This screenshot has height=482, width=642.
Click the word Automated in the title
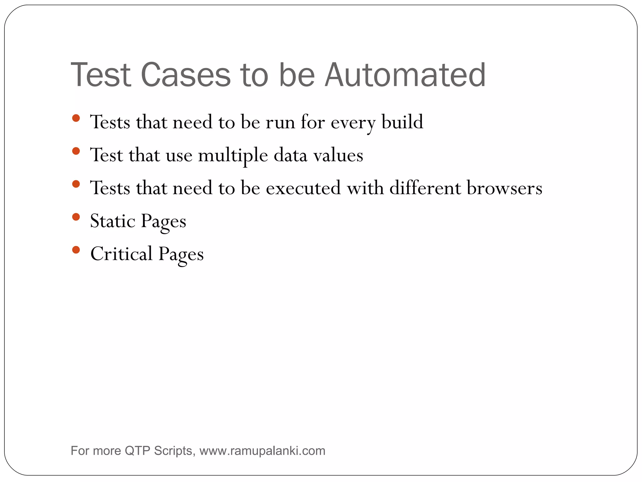click(405, 75)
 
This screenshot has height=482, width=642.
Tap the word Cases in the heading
click(186, 75)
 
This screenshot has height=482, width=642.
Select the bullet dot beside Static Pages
click(76, 217)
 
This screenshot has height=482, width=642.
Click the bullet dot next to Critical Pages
click(76, 250)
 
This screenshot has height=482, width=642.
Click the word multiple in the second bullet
click(233, 156)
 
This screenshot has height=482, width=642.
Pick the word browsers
click(504, 188)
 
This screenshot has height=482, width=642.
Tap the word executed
click(303, 188)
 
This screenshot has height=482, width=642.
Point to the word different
click(425, 188)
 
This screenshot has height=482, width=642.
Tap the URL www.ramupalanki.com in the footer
click(262, 451)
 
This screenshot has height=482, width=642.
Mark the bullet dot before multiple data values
click(76, 151)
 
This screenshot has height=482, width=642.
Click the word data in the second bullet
click(290, 155)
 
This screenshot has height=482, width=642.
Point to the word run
click(280, 122)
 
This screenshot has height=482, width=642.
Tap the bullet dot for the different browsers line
click(76, 184)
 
